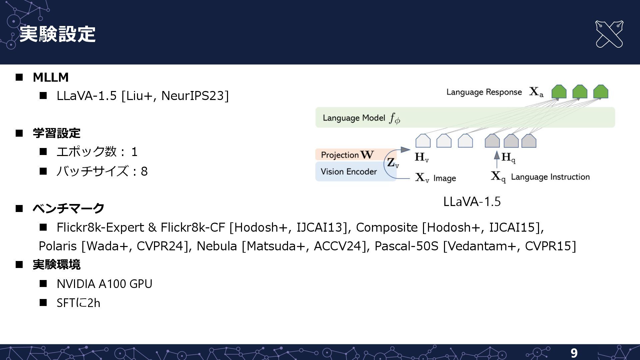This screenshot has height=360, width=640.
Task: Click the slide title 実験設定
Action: (x=57, y=34)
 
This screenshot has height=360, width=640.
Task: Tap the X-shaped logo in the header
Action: (x=609, y=34)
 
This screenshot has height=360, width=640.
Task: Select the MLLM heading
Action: (x=51, y=77)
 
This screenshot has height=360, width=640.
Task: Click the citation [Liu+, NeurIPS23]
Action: (x=175, y=96)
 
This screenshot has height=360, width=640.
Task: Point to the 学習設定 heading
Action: (x=56, y=133)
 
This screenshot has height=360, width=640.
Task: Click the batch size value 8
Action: (x=144, y=171)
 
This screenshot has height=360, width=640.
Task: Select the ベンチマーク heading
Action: (x=68, y=208)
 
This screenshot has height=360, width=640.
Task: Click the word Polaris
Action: (x=58, y=246)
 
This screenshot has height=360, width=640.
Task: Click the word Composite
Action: (x=387, y=227)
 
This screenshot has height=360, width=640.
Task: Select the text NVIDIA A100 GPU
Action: (x=104, y=284)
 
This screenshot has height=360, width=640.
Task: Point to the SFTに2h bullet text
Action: (x=78, y=303)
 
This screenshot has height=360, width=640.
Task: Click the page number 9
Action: (x=574, y=353)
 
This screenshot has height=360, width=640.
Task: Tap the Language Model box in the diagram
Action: (x=465, y=118)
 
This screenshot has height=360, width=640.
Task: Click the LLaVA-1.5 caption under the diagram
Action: (x=472, y=201)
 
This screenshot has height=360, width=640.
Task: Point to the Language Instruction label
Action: (x=550, y=177)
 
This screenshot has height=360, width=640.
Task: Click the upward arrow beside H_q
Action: (x=497, y=159)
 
